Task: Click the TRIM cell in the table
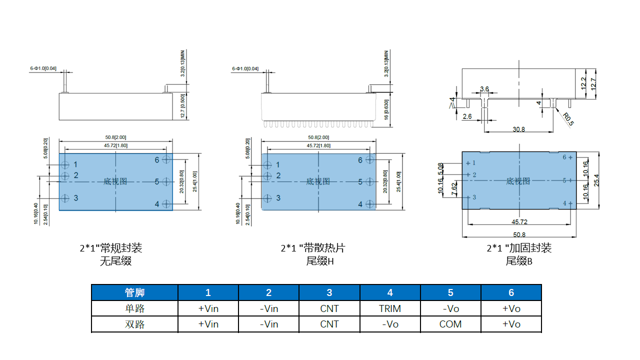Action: (x=390, y=308)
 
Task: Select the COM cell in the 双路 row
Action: (x=450, y=324)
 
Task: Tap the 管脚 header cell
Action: (x=134, y=292)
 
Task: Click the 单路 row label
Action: (x=134, y=308)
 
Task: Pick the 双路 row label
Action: (x=134, y=324)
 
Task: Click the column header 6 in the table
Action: (x=511, y=292)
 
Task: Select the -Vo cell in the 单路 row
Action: (x=450, y=308)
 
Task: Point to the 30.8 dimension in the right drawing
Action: (x=519, y=129)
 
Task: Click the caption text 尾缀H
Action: (x=320, y=261)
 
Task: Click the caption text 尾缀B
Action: (x=519, y=261)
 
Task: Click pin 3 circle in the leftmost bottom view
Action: (x=65, y=198)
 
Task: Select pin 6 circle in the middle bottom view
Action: (x=370, y=159)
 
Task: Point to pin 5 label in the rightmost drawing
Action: (x=564, y=180)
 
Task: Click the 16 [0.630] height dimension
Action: (x=386, y=110)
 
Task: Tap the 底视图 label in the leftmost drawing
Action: (x=115, y=181)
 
